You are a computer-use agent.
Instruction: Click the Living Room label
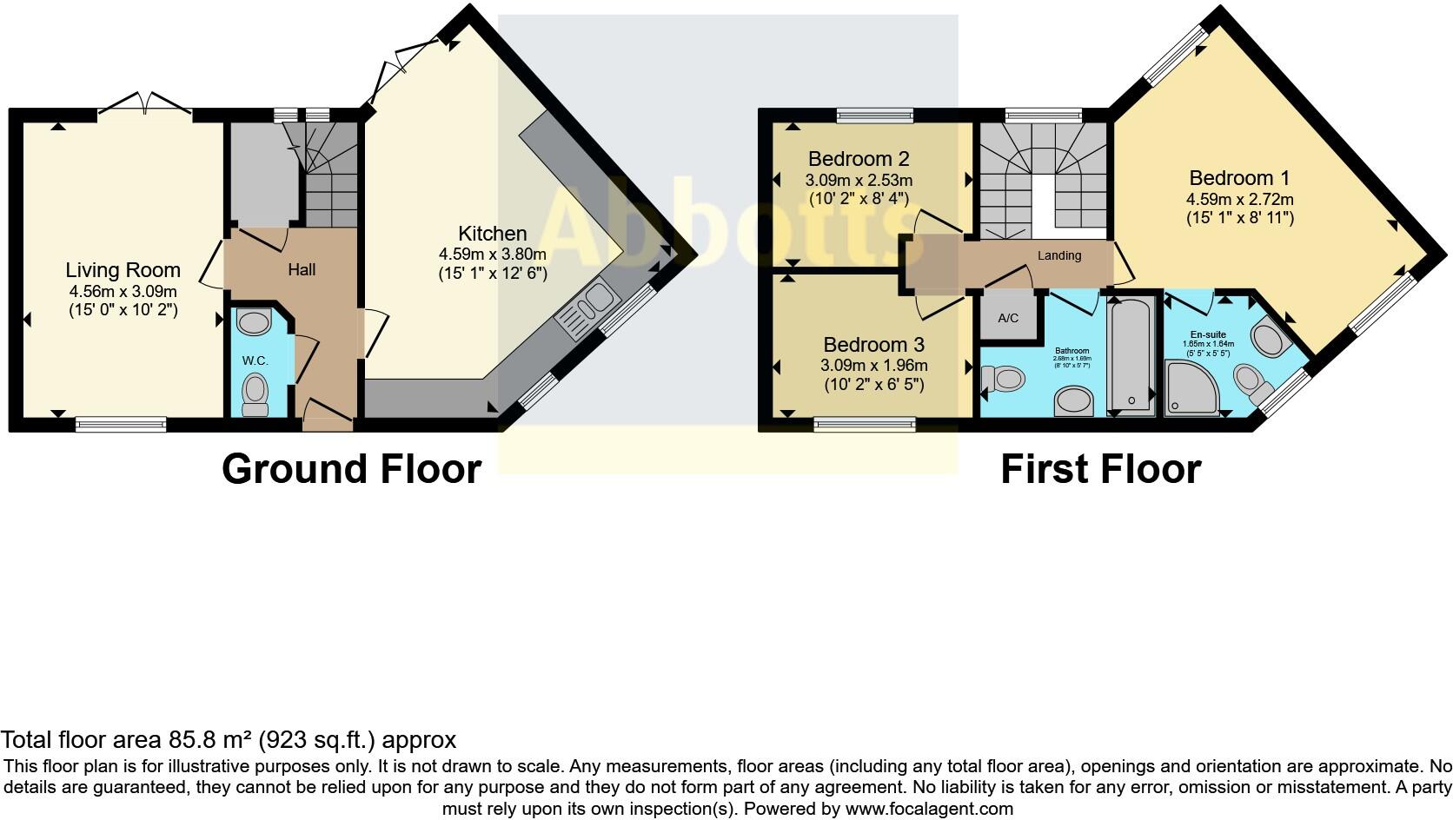123,270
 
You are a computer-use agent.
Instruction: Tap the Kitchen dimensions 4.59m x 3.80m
492,255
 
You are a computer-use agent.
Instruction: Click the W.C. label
255,360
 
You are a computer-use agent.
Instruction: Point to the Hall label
302,270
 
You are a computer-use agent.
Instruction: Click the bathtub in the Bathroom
1130,356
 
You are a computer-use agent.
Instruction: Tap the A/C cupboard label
1008,318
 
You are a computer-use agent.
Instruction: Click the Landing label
1058,255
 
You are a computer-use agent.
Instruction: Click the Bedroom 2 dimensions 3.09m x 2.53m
858,181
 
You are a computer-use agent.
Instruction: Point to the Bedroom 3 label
873,345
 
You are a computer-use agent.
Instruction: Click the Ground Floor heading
351,469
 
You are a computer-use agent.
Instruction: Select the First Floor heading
1100,469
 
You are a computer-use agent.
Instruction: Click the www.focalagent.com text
929,809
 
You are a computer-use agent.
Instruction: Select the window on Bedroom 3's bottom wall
865,424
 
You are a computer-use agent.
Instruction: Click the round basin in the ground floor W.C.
253,324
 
